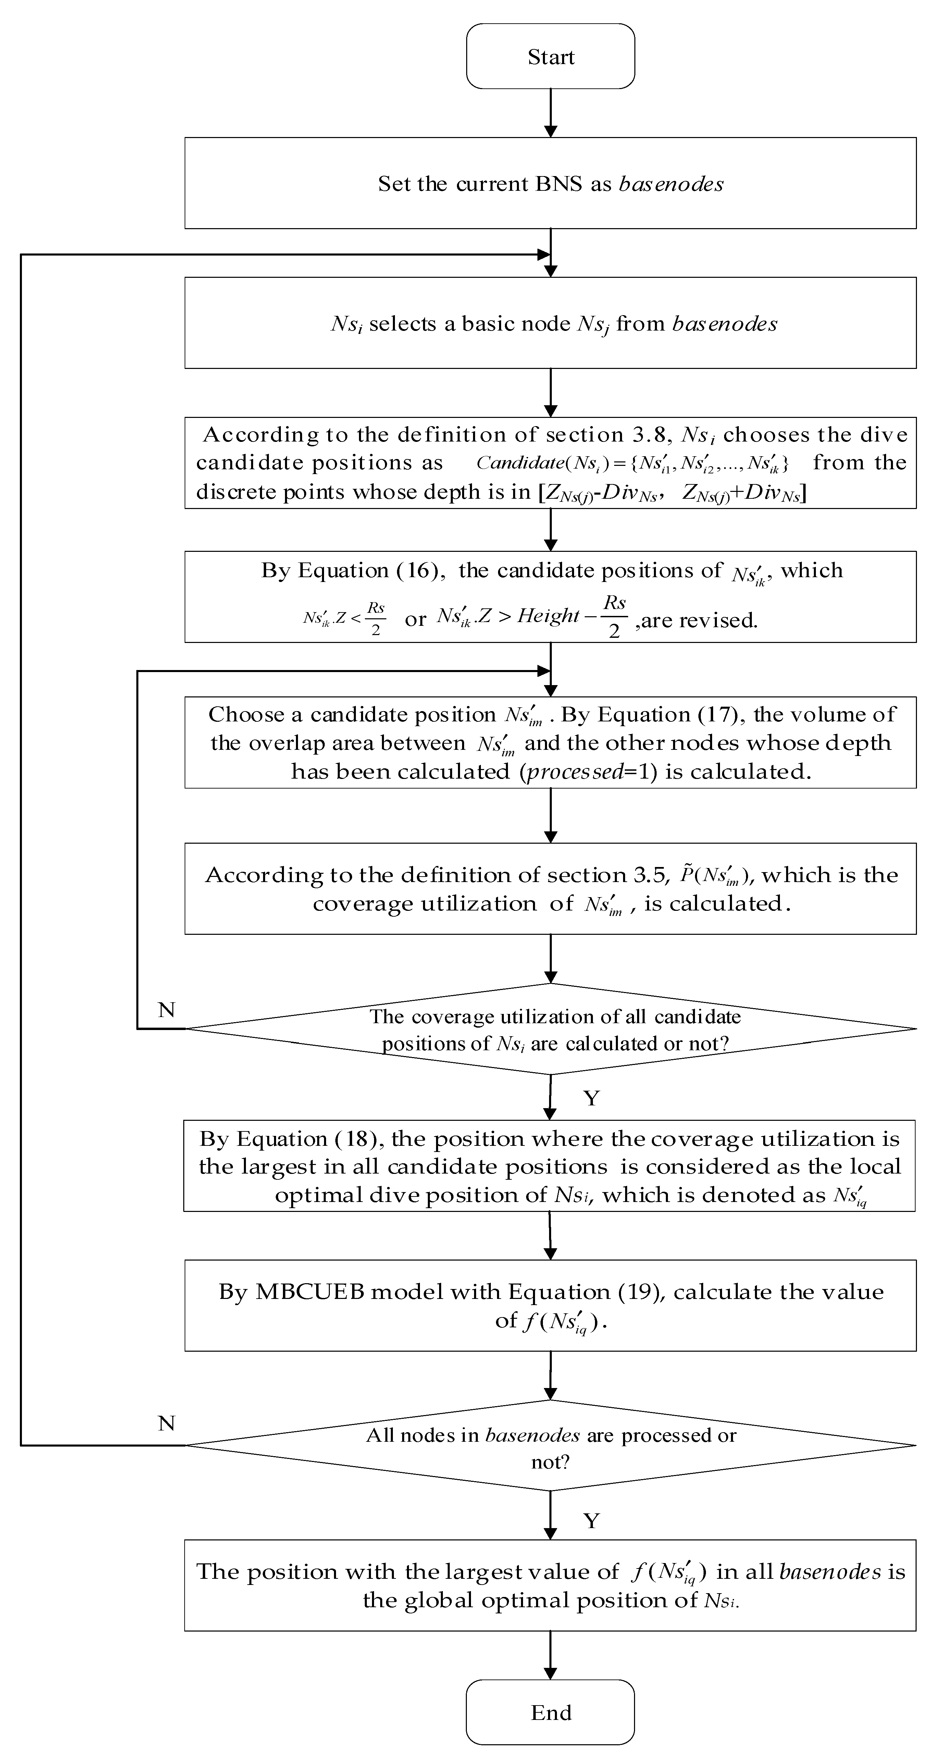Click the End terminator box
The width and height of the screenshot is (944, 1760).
(x=550, y=1712)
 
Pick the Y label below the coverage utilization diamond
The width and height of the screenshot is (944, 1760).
(x=592, y=1098)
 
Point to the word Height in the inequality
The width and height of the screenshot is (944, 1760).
(x=548, y=616)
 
